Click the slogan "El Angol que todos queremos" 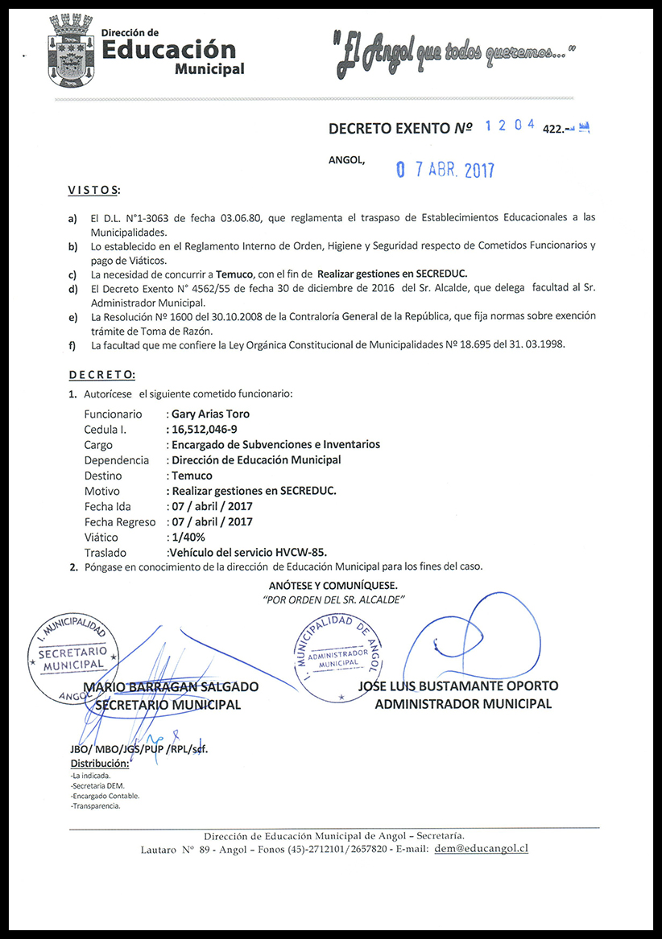[455, 55]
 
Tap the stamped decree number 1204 [510, 126]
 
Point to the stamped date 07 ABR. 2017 [445, 170]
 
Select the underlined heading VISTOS [93, 191]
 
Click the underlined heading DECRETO [101, 375]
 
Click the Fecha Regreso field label [120, 521]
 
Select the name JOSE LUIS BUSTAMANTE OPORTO [458, 686]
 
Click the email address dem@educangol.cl [481, 849]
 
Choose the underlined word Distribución [100, 763]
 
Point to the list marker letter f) [73, 346]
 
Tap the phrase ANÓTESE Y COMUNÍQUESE [333, 586]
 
